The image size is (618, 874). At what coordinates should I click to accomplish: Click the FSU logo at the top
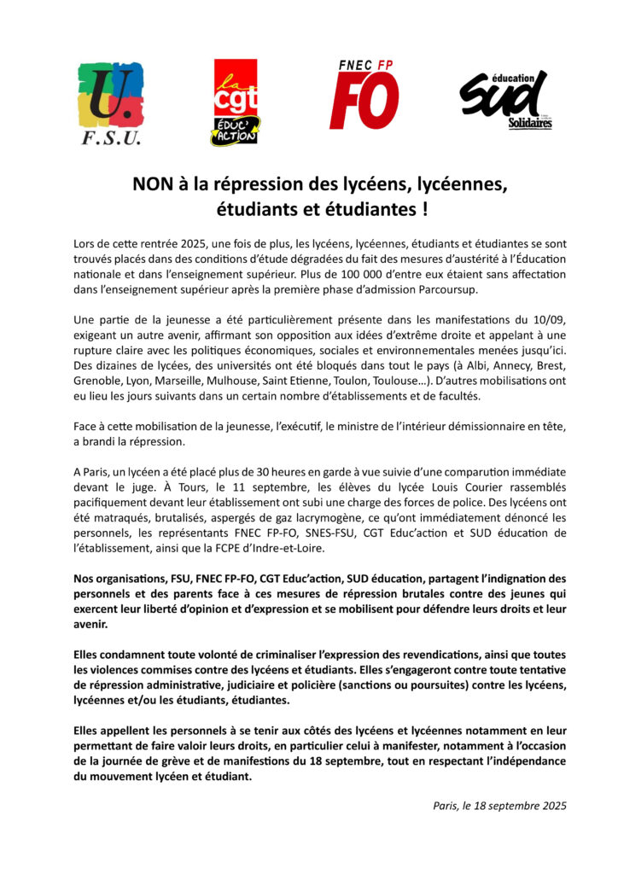111,103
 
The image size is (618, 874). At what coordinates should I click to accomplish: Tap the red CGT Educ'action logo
236,102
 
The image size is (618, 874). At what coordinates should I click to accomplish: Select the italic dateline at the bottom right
499,805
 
